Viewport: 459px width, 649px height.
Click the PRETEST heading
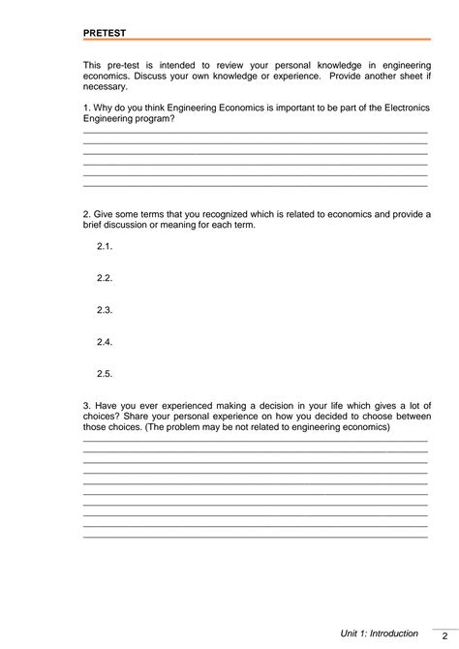coord(105,32)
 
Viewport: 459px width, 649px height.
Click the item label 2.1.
coord(106,246)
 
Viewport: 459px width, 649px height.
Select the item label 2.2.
coord(106,278)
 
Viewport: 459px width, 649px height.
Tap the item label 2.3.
coord(106,310)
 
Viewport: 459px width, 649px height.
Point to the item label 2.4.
coord(106,342)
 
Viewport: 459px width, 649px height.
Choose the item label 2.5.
coord(106,374)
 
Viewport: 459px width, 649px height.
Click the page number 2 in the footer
coord(444,635)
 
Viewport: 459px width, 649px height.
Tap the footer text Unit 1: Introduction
coord(379,634)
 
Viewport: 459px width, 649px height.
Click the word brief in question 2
coord(94,225)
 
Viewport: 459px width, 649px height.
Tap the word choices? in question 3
coord(103,415)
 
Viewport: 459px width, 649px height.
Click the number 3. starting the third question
coord(87,404)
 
